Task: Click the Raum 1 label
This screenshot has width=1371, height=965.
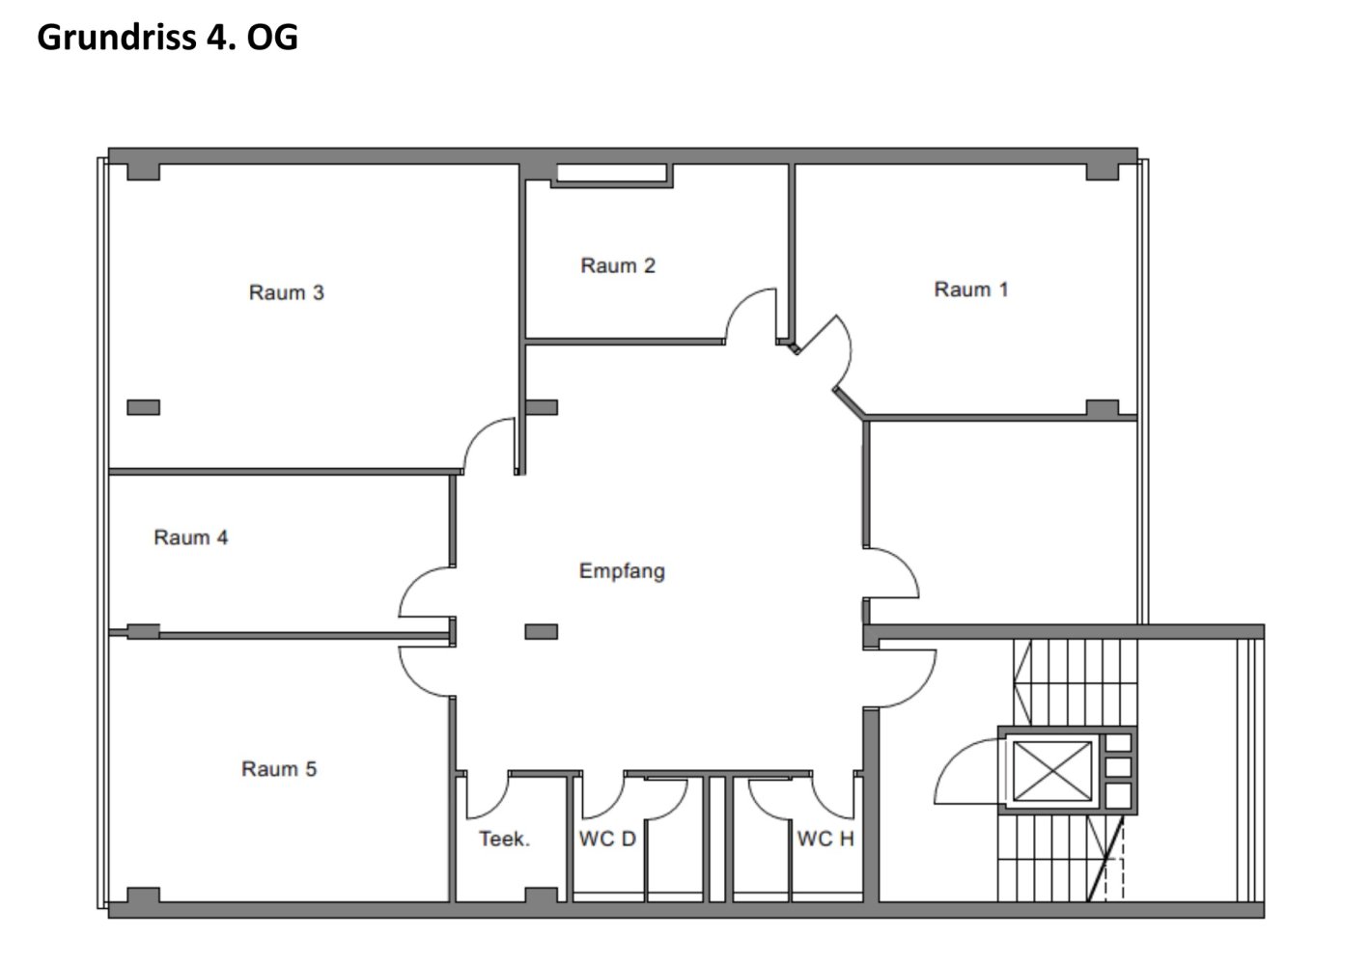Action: [x=970, y=289]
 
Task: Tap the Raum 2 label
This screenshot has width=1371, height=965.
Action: [x=618, y=265]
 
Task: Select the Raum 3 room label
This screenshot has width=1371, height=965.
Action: [x=286, y=292]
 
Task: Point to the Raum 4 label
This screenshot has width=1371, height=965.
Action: [x=190, y=538]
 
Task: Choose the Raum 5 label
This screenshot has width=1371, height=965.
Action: [x=279, y=768]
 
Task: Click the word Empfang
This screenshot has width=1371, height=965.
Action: [x=622, y=571]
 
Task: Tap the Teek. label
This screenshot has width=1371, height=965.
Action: [x=504, y=839]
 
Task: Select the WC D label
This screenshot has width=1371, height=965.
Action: [x=607, y=839]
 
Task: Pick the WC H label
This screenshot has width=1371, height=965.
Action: [x=825, y=839]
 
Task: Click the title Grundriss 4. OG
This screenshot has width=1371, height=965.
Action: [x=167, y=37]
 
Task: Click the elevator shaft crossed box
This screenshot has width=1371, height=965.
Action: [x=1052, y=771]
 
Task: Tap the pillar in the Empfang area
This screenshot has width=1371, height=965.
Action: [x=541, y=631]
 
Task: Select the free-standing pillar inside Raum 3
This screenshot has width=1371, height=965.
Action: [x=143, y=407]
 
